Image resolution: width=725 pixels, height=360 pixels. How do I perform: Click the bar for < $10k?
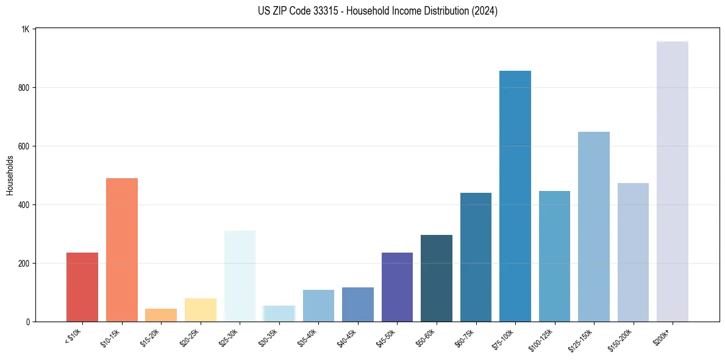coord(82,287)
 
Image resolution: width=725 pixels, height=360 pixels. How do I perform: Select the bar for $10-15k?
coord(122,250)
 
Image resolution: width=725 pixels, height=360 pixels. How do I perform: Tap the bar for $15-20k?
coord(161,315)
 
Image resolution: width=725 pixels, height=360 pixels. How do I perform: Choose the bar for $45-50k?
coord(397,287)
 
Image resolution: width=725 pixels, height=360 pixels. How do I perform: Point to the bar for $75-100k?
coord(515,196)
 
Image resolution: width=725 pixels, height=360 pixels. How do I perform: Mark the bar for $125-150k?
coord(594,226)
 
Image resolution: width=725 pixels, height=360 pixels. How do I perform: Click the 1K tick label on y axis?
coord(26,29)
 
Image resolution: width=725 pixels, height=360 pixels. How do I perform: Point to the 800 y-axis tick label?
coord(24,88)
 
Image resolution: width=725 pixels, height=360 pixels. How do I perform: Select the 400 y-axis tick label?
coord(24,205)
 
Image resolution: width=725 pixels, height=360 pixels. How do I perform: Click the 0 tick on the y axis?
coord(28,322)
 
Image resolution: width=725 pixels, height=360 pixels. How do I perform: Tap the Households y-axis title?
coord(10,175)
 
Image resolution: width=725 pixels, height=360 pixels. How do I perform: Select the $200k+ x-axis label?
coord(663,336)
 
